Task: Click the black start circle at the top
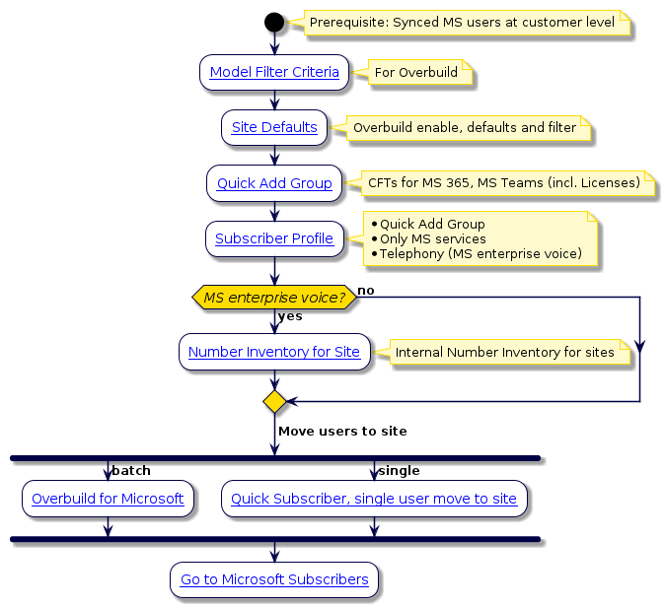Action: [x=274, y=22]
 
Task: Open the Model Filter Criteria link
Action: [x=274, y=72]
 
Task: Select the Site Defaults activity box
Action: [x=274, y=127]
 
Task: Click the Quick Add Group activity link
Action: [x=274, y=183]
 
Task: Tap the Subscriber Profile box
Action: [x=274, y=238]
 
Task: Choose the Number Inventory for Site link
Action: [x=274, y=352]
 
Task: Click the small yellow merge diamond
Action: [x=274, y=401]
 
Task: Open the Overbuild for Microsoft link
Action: [x=108, y=499]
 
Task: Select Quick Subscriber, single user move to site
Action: [x=374, y=499]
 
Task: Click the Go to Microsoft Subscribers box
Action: [x=274, y=580]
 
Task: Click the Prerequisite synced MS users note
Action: [x=462, y=22]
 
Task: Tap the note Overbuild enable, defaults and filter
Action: [x=464, y=127]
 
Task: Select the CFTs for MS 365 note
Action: [x=503, y=183]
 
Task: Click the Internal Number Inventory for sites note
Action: [x=503, y=352]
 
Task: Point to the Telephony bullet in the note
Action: [x=480, y=254]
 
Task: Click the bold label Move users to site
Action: [x=342, y=432]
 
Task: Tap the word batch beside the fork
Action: [x=131, y=471]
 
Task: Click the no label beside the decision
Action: [x=365, y=290]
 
